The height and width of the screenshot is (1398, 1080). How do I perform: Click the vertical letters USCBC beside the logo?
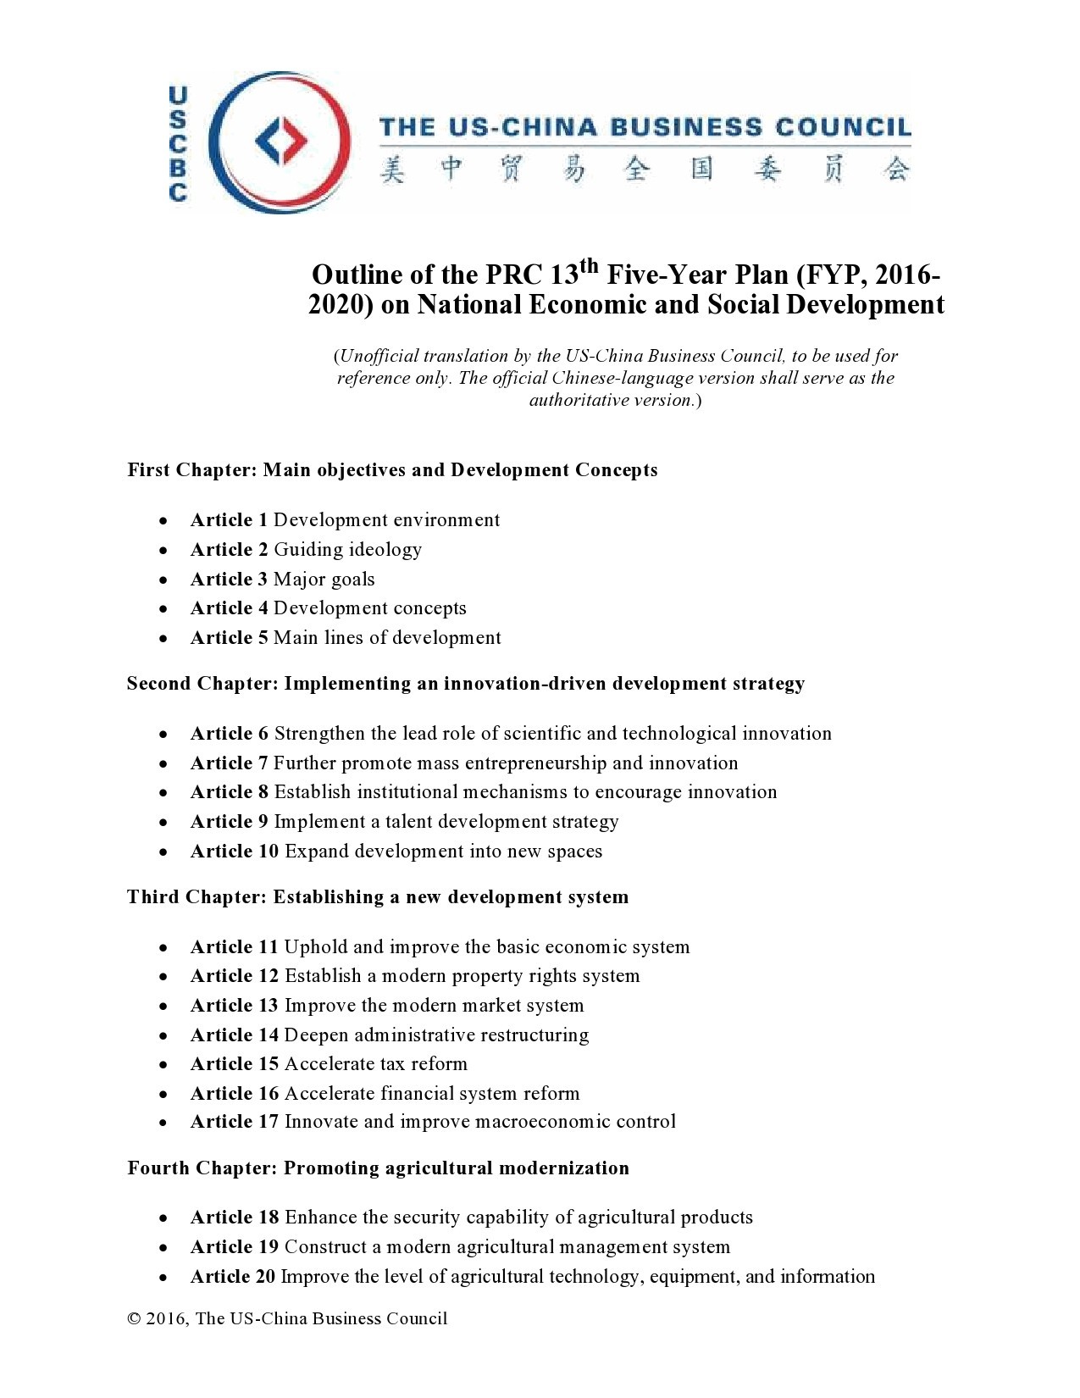tap(178, 144)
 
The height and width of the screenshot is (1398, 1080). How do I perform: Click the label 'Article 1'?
tap(229, 520)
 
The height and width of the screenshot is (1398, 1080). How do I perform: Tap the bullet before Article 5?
tap(163, 639)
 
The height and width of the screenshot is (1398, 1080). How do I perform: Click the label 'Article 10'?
tap(235, 852)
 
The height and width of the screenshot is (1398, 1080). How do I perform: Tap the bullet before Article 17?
tap(163, 1123)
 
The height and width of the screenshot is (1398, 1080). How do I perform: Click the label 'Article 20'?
tap(233, 1277)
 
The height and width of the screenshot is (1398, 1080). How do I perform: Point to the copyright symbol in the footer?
tap(134, 1318)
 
